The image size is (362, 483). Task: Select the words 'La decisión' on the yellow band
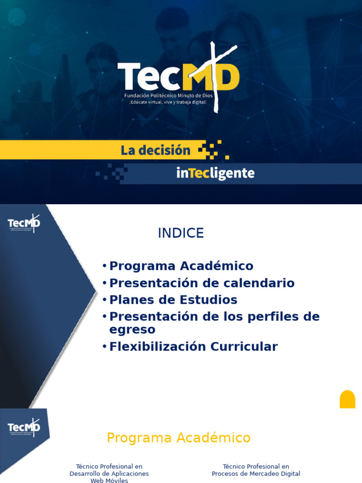pyautogui.click(x=156, y=150)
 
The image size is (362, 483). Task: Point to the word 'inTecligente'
pyautogui.click(x=215, y=174)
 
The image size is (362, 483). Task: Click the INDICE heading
pyautogui.click(x=181, y=233)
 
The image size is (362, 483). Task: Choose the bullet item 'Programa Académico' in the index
pyautogui.click(x=181, y=266)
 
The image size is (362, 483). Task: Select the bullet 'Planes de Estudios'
pyautogui.click(x=173, y=300)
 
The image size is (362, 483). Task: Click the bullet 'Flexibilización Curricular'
pyautogui.click(x=193, y=347)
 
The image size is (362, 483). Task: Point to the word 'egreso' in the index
pyautogui.click(x=132, y=329)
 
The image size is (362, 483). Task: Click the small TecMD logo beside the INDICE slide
pyautogui.click(x=24, y=223)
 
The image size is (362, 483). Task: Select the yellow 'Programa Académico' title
pyautogui.click(x=179, y=438)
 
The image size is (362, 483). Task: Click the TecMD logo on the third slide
pyautogui.click(x=24, y=427)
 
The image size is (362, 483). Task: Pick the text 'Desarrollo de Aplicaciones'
pyautogui.click(x=109, y=474)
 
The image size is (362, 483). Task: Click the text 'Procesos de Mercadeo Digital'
pyautogui.click(x=256, y=474)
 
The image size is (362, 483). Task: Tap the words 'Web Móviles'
pyautogui.click(x=109, y=480)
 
